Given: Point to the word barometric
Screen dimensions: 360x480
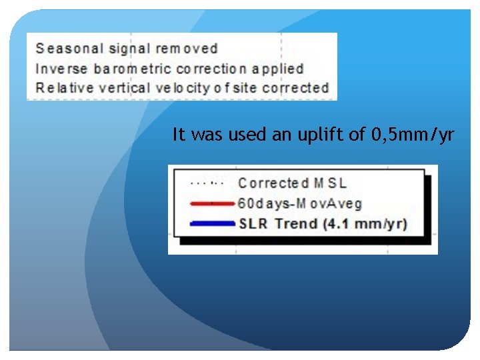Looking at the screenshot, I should pyautogui.click(x=135, y=69).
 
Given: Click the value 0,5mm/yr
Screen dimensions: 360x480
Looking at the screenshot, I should pyautogui.click(x=412, y=135).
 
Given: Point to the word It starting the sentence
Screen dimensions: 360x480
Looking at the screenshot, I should pyautogui.click(x=179, y=135).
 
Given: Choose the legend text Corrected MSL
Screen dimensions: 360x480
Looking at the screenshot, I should pyautogui.click(x=292, y=183).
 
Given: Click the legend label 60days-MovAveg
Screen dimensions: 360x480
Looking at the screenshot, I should pyautogui.click(x=299, y=203).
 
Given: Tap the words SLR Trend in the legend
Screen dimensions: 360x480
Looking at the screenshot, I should pyautogui.click(x=278, y=223).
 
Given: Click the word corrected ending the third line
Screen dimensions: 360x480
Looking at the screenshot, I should pyautogui.click(x=295, y=88).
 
